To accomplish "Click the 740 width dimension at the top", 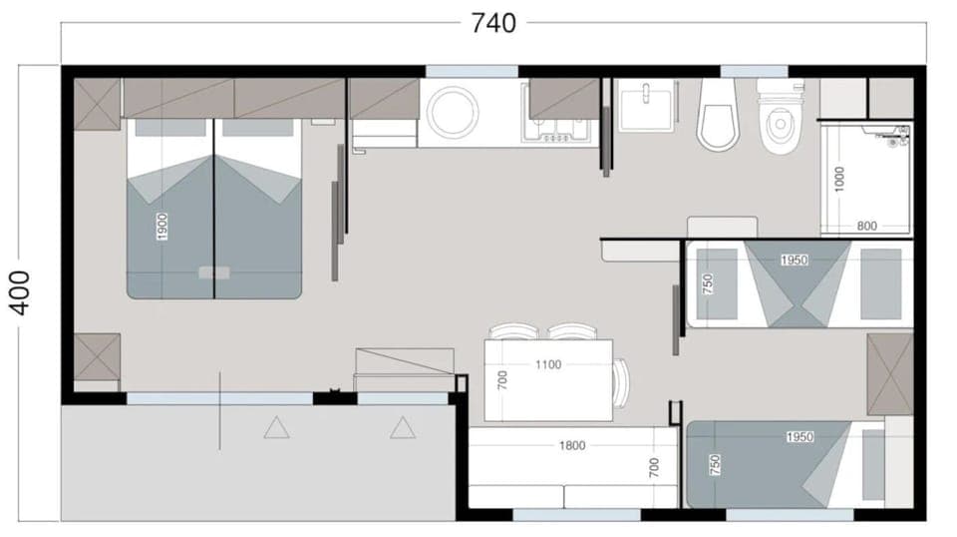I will point(493,22).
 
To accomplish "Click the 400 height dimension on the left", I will point(22,291).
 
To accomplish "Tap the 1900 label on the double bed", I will point(162,227).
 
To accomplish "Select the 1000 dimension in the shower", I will point(839,179).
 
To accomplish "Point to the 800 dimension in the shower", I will point(866,227).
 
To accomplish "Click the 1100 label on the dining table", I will point(547,364).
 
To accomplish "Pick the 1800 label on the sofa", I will point(572,446).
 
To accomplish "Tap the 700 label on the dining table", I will point(502,379).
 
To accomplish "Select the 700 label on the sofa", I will point(655,467).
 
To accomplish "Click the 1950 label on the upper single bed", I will point(794,260).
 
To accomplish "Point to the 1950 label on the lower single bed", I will point(799,437).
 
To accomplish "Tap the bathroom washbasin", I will point(647,106).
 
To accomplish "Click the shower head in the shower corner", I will point(899,133).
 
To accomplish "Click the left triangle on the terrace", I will point(276,429).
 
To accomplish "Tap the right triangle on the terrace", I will point(402,429).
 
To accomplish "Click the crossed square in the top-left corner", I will point(97,103).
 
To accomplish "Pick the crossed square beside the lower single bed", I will point(889,374).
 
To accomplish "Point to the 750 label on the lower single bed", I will point(714,464).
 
